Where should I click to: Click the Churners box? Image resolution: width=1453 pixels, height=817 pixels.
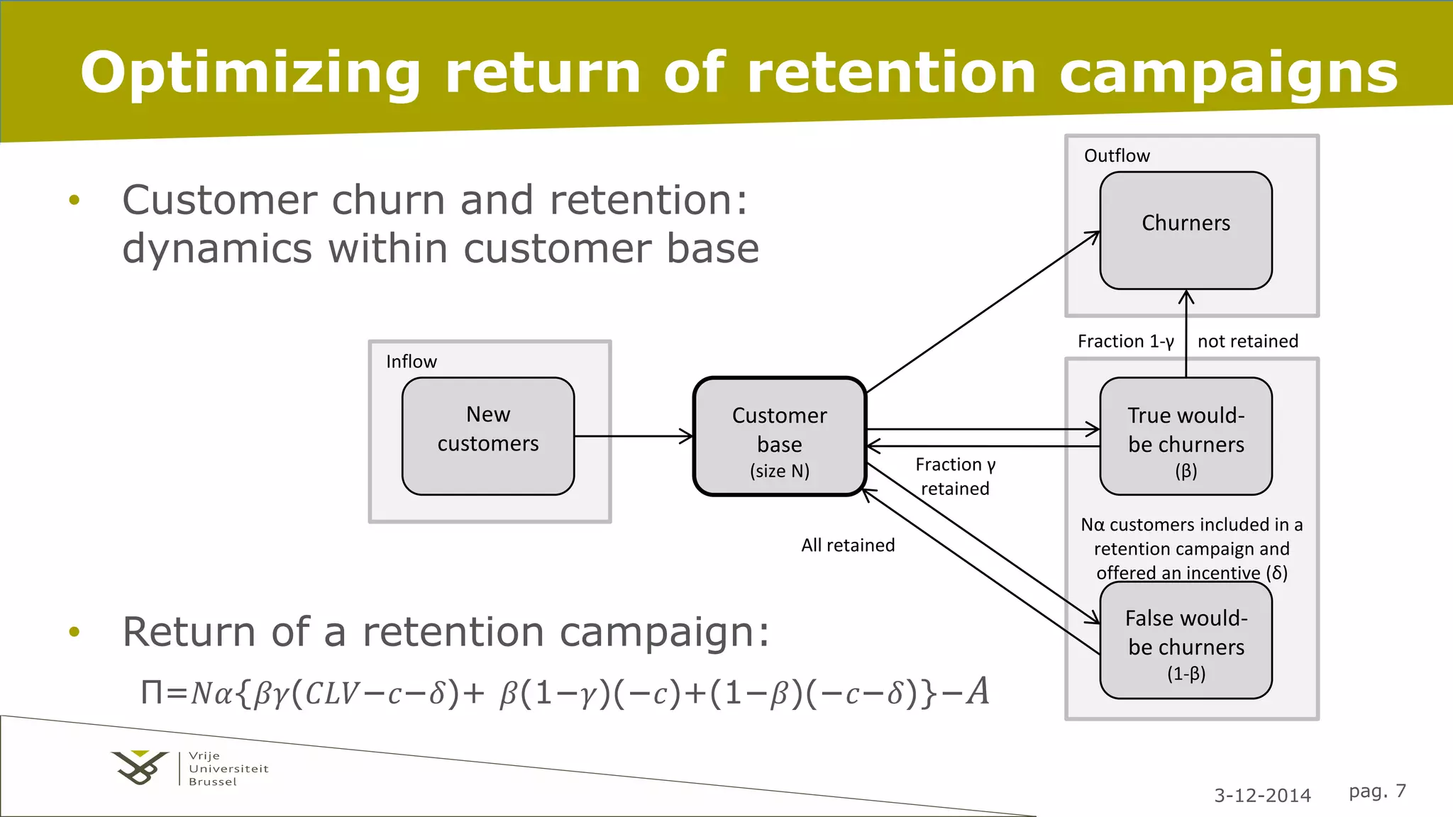coord(1186,230)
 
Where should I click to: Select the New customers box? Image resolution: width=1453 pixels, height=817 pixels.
coord(488,435)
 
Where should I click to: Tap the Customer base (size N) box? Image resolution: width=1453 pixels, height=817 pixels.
coord(779,437)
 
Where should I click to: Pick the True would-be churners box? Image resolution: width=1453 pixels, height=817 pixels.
coord(1186,436)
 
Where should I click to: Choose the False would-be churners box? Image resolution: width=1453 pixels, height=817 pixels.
coord(1186,640)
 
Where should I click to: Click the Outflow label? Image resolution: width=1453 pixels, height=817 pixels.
coord(1116,156)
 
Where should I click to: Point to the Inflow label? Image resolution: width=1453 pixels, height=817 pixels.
coord(411,362)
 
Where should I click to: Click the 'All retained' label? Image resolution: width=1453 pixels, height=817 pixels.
coord(848,545)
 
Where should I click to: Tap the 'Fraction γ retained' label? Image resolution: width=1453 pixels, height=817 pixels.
coord(955,476)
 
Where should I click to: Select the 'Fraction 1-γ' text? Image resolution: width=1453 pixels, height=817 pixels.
coord(1125,341)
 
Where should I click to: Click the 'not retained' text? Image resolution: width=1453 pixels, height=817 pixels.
coord(1248,341)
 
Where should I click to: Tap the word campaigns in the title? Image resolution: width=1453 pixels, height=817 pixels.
coord(1228,73)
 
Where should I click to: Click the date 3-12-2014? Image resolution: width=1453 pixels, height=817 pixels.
coord(1262,795)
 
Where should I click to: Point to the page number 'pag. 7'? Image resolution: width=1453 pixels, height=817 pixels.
coord(1377,791)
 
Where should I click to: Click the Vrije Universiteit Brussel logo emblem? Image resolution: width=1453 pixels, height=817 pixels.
coord(140,767)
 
